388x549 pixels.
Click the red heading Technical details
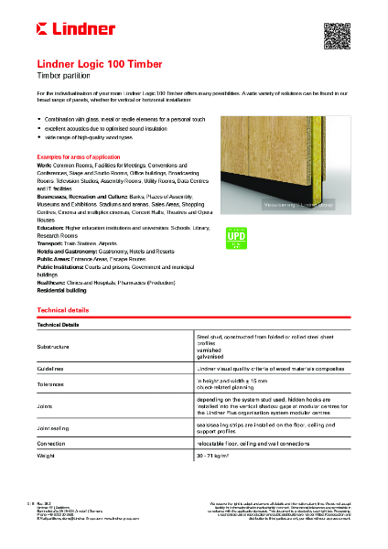pyautogui.click(x=63, y=312)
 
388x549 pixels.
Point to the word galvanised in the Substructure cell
pyautogui.click(x=210, y=355)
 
